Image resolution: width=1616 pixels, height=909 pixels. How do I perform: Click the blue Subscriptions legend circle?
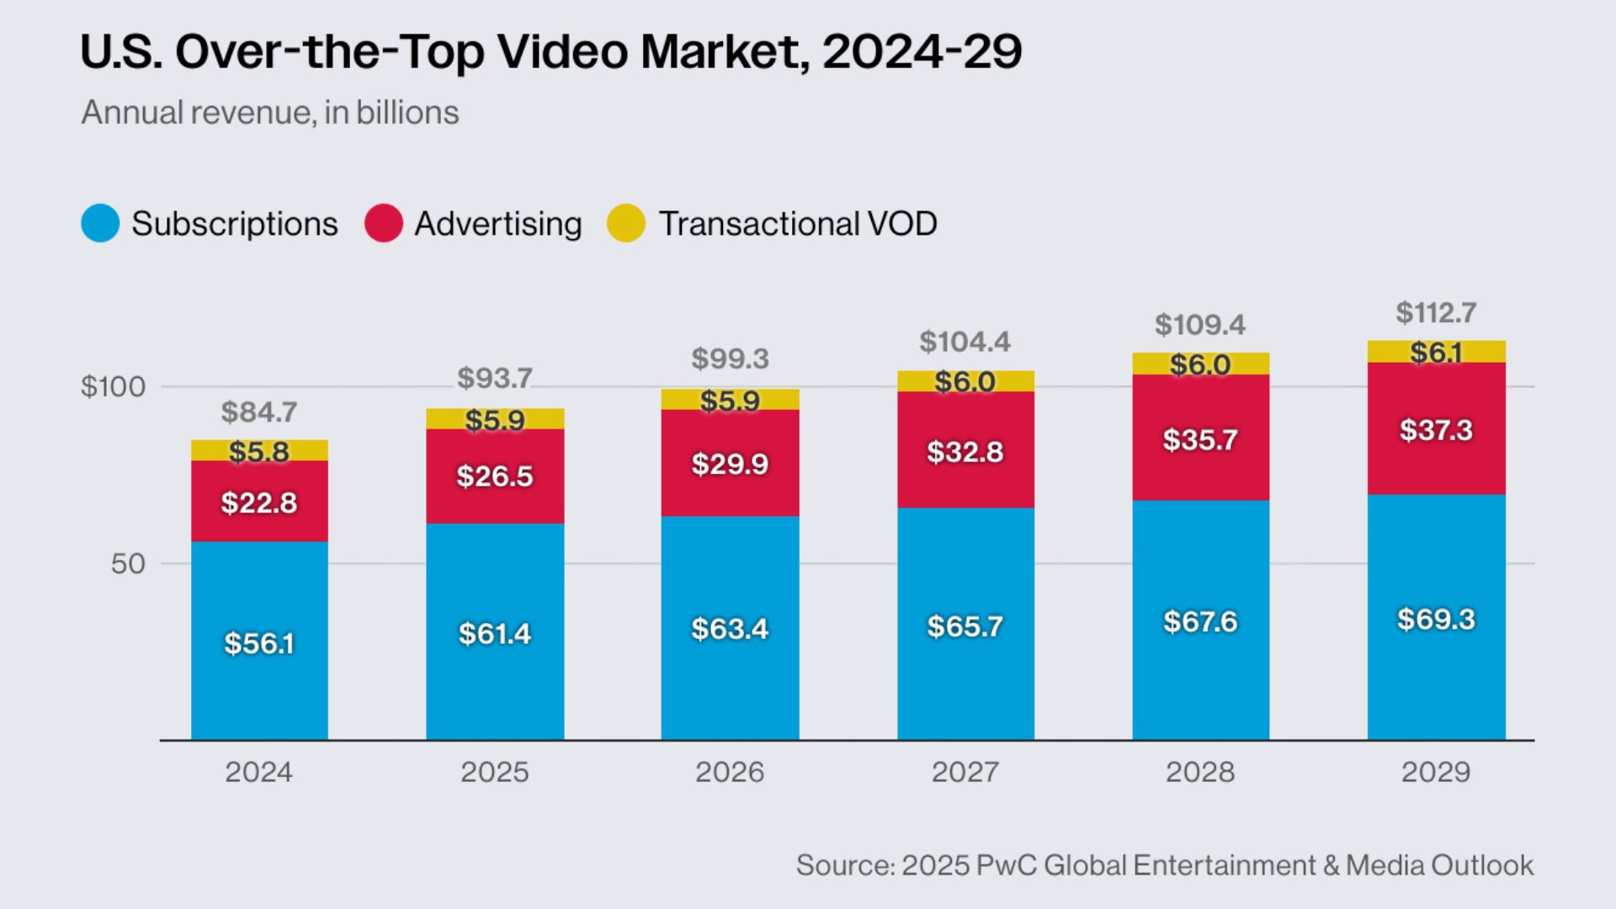point(100,224)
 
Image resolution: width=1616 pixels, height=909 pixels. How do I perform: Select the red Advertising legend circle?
point(384,224)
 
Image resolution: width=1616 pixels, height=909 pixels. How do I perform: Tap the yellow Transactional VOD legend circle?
point(626,224)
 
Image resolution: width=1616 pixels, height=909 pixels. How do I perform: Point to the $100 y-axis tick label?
point(113,387)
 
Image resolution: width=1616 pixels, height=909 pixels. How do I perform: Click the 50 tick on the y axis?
point(128,564)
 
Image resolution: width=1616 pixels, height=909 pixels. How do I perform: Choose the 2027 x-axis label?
point(965,772)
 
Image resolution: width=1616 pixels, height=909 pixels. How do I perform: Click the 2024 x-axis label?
point(258,772)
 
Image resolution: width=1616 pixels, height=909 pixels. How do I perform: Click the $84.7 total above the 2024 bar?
point(258,412)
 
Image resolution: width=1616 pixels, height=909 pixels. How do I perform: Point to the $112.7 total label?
point(1435,313)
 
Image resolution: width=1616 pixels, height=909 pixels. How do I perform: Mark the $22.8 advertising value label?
point(258,503)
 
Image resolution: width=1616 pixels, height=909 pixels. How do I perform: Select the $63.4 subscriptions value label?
point(730,630)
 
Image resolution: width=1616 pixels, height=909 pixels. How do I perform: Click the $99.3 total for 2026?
point(730,359)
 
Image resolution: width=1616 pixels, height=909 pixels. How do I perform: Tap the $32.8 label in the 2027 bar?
point(965,452)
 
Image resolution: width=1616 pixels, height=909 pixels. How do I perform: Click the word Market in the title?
point(720,52)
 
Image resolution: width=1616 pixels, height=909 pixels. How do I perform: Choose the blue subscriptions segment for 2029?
point(1436,673)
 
